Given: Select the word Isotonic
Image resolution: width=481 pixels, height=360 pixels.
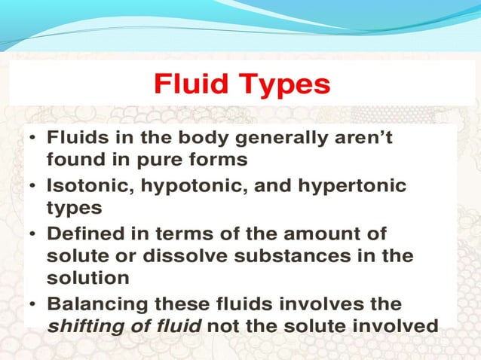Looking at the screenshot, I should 86,185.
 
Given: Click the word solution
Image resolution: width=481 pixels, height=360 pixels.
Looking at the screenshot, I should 87,277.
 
